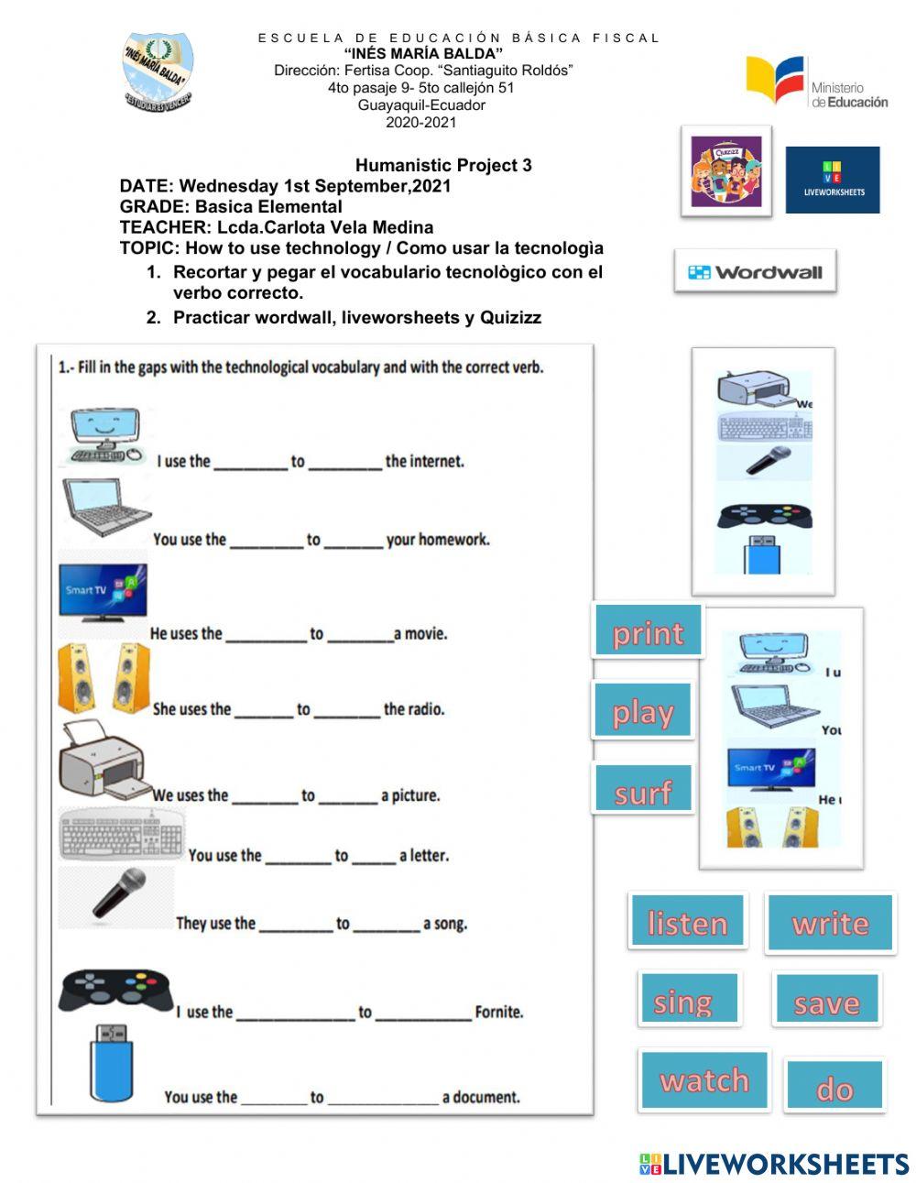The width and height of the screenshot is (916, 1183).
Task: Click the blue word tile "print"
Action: [648, 631]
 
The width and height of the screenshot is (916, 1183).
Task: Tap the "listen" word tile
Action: [687, 921]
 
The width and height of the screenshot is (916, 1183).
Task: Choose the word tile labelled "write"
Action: [830, 921]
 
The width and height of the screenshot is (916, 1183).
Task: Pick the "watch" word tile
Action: [703, 1079]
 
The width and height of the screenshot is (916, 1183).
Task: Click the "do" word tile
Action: [834, 1087]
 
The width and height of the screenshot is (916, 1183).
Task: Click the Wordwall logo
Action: [755, 272]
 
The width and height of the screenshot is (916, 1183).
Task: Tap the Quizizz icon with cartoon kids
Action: [725, 172]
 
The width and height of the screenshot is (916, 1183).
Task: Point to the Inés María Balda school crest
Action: [158, 73]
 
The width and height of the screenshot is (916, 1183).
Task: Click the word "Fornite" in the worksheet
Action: [499, 1012]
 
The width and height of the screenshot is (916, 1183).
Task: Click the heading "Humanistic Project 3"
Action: [443, 165]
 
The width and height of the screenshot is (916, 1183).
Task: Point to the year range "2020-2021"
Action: [420, 122]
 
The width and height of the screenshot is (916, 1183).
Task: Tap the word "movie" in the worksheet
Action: [424, 633]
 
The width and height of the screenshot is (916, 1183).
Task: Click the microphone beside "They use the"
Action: [119, 893]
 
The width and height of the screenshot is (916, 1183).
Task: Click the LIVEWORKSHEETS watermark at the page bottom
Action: [773, 1164]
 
